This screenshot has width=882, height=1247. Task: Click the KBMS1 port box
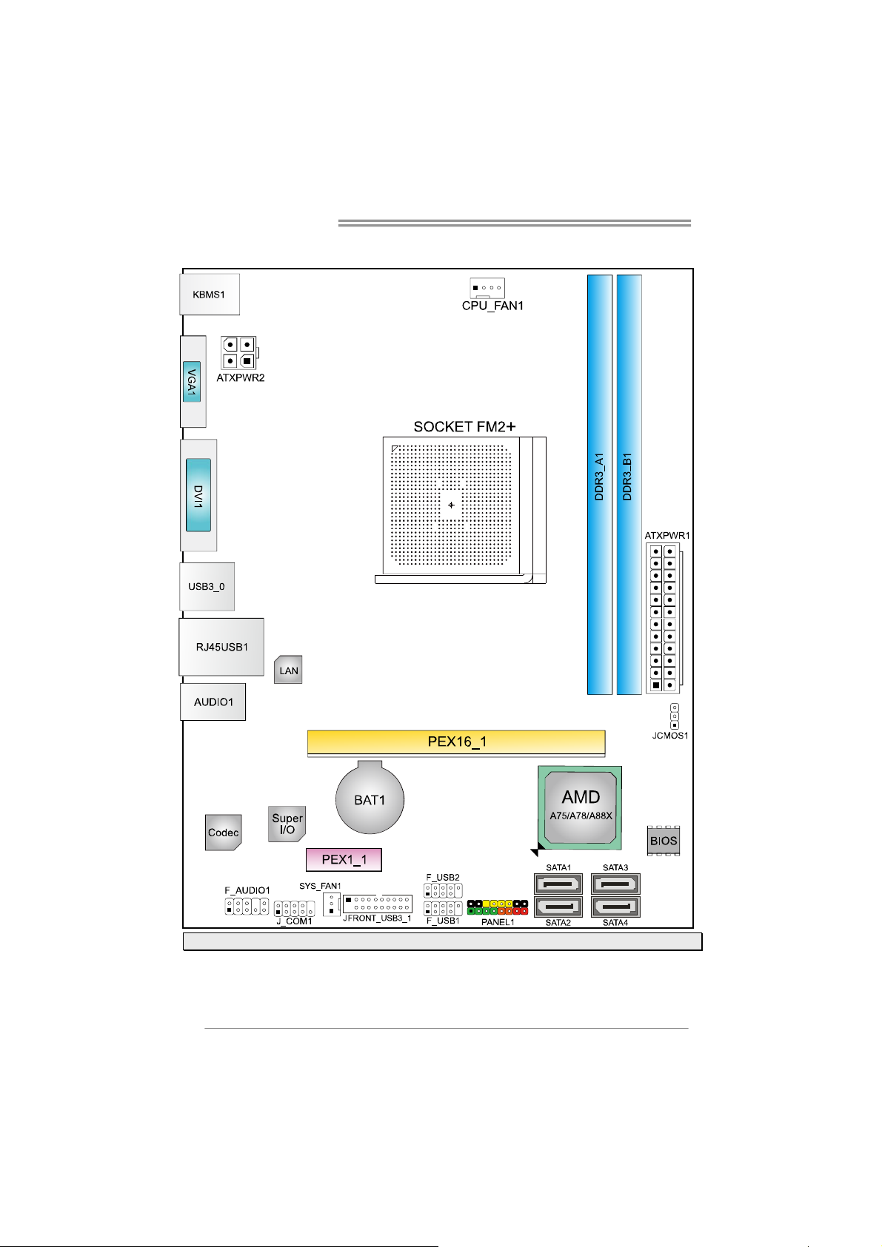pyautogui.click(x=210, y=295)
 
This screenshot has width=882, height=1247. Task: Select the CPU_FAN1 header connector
pyautogui.click(x=487, y=288)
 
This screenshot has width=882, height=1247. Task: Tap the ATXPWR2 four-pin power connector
pyautogui.click(x=238, y=353)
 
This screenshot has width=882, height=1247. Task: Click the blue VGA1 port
pyautogui.click(x=191, y=381)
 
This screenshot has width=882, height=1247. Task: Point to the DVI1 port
pyautogui.click(x=198, y=495)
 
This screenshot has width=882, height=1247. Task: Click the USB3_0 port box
pyautogui.click(x=207, y=587)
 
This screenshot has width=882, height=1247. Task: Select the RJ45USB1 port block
pyautogui.click(x=221, y=647)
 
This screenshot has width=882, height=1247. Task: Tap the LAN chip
pyautogui.click(x=288, y=670)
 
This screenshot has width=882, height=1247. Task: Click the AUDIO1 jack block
pyautogui.click(x=213, y=702)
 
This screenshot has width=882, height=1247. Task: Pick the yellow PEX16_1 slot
pyautogui.click(x=456, y=742)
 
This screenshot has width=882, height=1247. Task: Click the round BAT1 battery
pyautogui.click(x=370, y=800)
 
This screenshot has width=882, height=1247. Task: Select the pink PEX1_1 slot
pyautogui.click(x=344, y=860)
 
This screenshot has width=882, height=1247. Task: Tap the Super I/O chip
pyautogui.click(x=287, y=824)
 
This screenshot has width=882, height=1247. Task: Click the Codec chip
pyautogui.click(x=223, y=833)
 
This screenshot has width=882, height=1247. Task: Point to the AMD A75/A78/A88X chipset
pyautogui.click(x=581, y=807)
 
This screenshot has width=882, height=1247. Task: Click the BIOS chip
pyautogui.click(x=663, y=841)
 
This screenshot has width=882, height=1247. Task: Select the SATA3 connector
pyautogui.click(x=615, y=884)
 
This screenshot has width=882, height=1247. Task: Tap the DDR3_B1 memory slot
pyautogui.click(x=629, y=485)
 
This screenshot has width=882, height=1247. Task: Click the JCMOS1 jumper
pyautogui.click(x=674, y=716)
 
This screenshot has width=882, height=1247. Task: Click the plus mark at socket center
pyautogui.click(x=451, y=506)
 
